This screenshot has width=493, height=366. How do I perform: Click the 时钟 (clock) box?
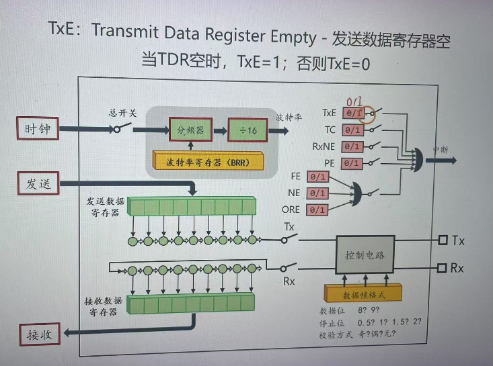click(38, 128)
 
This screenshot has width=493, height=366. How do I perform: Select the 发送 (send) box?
click(38, 183)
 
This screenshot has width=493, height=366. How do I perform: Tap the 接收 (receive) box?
click(38, 332)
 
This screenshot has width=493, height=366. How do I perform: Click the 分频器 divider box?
click(190, 128)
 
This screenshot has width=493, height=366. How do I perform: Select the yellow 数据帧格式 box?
click(363, 293)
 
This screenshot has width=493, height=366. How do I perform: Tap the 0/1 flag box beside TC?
click(353, 130)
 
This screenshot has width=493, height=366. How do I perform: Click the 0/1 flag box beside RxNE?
click(353, 146)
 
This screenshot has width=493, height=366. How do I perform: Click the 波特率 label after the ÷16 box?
click(288, 116)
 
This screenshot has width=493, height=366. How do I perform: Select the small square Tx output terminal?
click(442, 240)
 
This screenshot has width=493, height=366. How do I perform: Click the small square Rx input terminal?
click(442, 268)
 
